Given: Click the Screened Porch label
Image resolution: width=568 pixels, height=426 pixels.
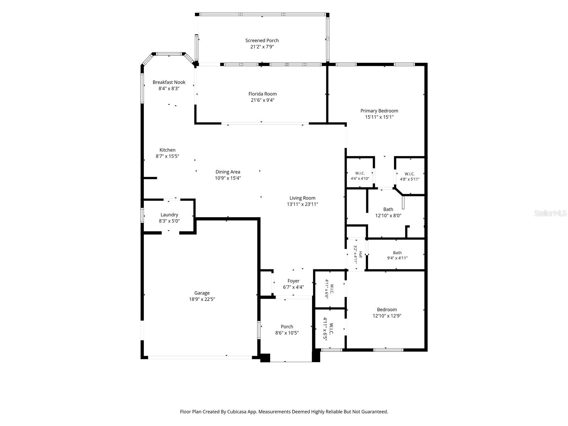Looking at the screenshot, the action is pyautogui.click(x=262, y=40).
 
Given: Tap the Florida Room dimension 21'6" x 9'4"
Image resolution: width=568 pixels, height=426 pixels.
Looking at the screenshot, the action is pyautogui.click(x=262, y=100).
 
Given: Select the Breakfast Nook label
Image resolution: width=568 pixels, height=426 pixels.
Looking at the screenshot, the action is pyautogui.click(x=169, y=82).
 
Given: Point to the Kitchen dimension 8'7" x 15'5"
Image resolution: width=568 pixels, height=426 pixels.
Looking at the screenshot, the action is pyautogui.click(x=168, y=156).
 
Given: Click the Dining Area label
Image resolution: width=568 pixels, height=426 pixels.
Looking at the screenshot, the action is pyautogui.click(x=228, y=172).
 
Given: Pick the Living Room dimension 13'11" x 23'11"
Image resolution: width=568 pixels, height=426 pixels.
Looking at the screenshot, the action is pyautogui.click(x=302, y=204).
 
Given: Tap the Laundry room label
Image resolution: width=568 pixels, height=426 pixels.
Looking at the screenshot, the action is pyautogui.click(x=169, y=215).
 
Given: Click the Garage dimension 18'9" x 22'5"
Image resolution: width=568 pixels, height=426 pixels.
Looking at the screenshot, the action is pyautogui.click(x=202, y=299).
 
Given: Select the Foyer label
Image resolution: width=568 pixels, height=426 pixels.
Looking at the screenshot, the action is pyautogui.click(x=293, y=281).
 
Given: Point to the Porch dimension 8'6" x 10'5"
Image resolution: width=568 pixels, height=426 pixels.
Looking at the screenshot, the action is pyautogui.click(x=287, y=333).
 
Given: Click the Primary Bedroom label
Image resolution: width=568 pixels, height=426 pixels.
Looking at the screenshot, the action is pyautogui.click(x=379, y=111).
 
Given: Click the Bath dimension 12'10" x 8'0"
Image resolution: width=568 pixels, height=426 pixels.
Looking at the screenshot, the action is pyautogui.click(x=388, y=215).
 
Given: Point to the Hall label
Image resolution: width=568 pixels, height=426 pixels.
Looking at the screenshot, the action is pyautogui.click(x=360, y=255).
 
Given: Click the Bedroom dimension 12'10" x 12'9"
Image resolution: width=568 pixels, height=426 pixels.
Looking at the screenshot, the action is pyautogui.click(x=387, y=316).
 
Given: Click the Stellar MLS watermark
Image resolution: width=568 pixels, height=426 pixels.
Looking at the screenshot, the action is pyautogui.click(x=550, y=213).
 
